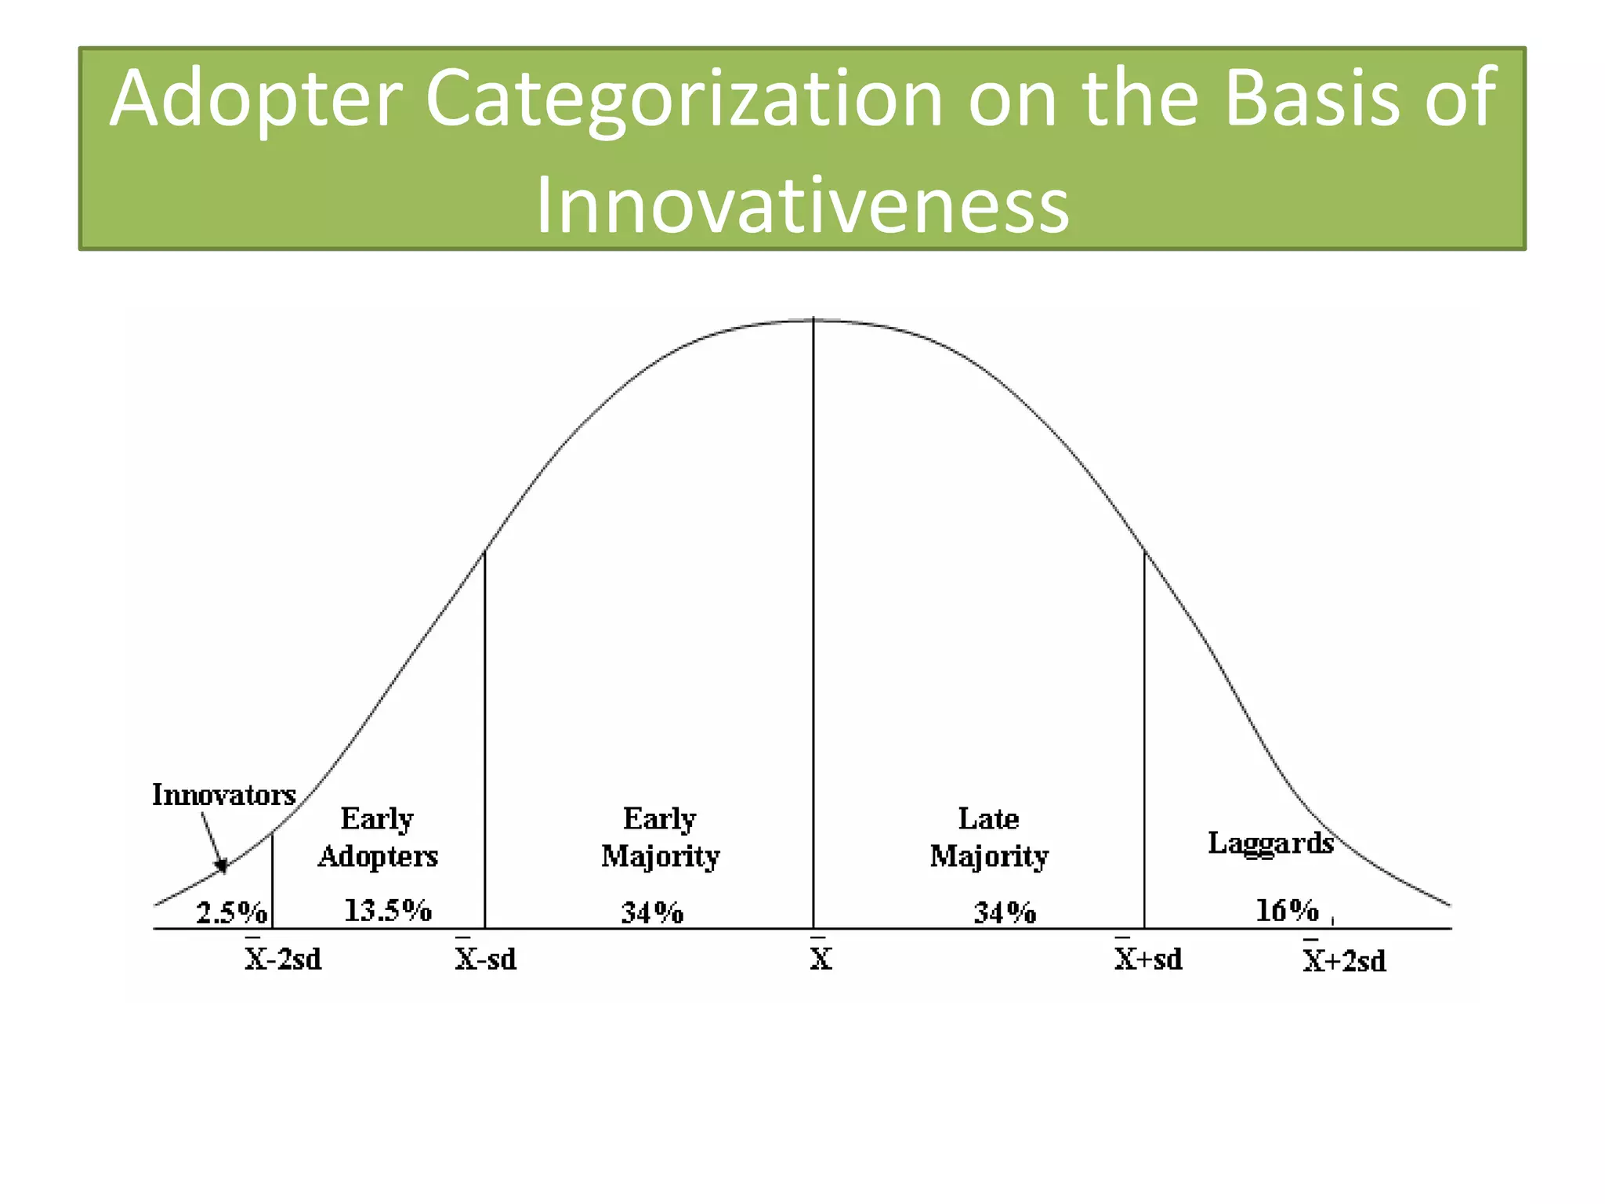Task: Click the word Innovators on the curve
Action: pyautogui.click(x=223, y=795)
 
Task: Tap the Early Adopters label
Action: pyautogui.click(x=378, y=837)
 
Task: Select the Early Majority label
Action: pyautogui.click(x=660, y=837)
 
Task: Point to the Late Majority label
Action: pyautogui.click(x=989, y=837)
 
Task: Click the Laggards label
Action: pyautogui.click(x=1270, y=843)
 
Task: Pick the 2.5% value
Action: pyautogui.click(x=231, y=912)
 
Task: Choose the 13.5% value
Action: pyautogui.click(x=388, y=910)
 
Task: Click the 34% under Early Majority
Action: pyautogui.click(x=652, y=912)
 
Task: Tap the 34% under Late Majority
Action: pyautogui.click(x=1005, y=912)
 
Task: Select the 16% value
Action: pyautogui.click(x=1287, y=910)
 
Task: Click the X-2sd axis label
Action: pyautogui.click(x=283, y=958)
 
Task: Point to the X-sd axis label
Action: pyautogui.click(x=485, y=958)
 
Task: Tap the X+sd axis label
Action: pyautogui.click(x=1148, y=958)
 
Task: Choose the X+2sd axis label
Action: pyautogui.click(x=1344, y=959)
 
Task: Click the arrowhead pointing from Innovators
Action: pyautogui.click(x=223, y=866)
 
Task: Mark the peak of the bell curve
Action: pyautogui.click(x=813, y=320)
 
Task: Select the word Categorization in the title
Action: pyautogui.click(x=683, y=99)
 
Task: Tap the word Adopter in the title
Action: pyautogui.click(x=255, y=99)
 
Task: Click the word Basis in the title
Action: pyautogui.click(x=1311, y=99)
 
